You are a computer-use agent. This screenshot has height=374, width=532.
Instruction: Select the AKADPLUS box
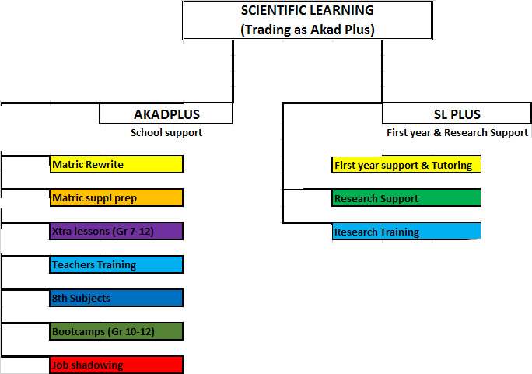(166, 114)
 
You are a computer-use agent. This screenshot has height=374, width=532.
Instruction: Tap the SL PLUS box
(457, 114)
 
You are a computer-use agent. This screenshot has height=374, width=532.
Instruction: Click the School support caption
(166, 133)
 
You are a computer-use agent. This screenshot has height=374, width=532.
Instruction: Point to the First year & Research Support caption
(457, 133)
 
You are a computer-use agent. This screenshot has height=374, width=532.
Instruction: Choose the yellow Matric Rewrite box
(117, 164)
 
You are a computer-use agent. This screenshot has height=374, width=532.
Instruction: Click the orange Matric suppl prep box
(117, 197)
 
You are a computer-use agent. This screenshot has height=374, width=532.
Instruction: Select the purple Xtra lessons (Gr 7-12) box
(117, 231)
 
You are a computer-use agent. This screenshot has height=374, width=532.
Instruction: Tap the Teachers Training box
(117, 264)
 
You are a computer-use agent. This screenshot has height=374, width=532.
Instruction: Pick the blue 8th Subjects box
(117, 298)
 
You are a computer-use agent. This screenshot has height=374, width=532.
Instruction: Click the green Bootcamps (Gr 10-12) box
(117, 331)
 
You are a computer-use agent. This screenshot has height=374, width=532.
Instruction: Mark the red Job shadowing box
(117, 365)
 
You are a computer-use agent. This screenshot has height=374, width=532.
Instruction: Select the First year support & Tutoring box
(406, 165)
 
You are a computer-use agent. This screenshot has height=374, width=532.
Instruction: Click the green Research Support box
(406, 198)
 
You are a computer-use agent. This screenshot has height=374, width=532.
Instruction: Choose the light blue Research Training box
(406, 232)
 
